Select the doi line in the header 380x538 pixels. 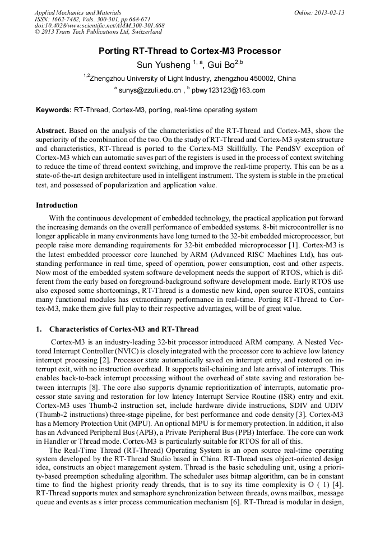pos(99,26)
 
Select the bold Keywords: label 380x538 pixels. pos(54,110)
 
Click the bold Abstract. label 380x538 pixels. pos(52,131)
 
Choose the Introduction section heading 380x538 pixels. pos(57,205)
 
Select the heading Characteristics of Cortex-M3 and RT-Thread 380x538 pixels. pos(123,329)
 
